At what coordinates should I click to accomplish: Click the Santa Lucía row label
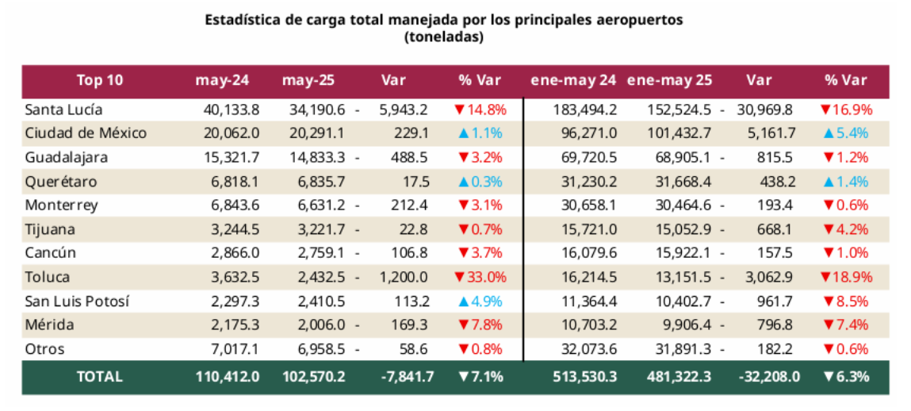click(x=63, y=109)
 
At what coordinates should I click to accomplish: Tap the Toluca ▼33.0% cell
click(x=480, y=277)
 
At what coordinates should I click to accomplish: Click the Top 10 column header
click(x=100, y=80)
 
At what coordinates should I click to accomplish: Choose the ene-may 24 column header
click(x=573, y=80)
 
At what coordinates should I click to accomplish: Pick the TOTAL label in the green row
click(x=100, y=376)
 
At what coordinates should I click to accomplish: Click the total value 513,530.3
click(x=584, y=376)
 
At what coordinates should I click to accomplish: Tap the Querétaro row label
click(x=60, y=181)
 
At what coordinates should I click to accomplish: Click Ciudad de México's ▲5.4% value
click(x=845, y=133)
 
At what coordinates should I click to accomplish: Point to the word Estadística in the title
click(x=241, y=19)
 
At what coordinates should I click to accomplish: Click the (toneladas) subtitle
click(x=443, y=36)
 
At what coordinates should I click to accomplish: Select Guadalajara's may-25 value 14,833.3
click(x=318, y=157)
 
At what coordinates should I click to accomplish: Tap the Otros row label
click(x=44, y=348)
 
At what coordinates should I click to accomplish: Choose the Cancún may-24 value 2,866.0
click(x=236, y=253)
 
